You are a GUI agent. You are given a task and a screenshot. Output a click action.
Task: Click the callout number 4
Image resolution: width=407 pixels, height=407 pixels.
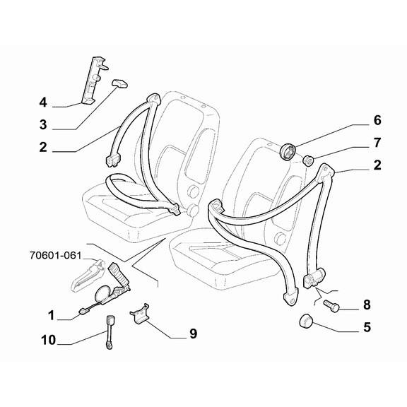point(43,102)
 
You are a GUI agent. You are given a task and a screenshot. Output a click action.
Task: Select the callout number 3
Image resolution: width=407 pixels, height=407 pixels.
point(43,124)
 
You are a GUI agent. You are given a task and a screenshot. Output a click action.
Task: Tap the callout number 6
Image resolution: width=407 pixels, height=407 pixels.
point(377,120)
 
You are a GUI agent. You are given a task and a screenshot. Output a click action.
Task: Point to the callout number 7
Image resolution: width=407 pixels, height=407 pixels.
point(377,143)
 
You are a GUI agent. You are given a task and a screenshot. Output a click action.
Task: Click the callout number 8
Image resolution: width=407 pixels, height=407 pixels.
point(367,305)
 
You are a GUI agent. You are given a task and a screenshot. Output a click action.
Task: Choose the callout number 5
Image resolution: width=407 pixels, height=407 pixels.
point(367,327)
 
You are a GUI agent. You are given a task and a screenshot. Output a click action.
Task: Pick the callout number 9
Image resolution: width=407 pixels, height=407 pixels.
point(193,334)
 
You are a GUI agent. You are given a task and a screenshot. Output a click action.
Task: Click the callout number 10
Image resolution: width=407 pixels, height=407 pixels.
point(49,340)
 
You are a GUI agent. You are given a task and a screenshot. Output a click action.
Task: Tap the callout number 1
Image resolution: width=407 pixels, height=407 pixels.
point(51,315)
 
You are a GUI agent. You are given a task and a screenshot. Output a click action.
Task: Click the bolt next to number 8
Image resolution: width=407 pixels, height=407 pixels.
point(331,306)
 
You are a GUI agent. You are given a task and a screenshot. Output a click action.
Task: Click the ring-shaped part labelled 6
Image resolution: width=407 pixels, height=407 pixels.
point(288,152)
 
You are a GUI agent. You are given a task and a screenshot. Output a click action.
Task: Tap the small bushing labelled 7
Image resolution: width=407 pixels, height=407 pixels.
point(309,160)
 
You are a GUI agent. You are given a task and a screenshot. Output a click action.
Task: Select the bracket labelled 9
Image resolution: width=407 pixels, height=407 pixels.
point(140,313)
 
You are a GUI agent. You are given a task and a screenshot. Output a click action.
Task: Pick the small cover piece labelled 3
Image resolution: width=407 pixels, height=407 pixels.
point(119,83)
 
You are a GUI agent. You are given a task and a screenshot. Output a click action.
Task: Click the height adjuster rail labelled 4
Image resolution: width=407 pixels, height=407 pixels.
point(94,80)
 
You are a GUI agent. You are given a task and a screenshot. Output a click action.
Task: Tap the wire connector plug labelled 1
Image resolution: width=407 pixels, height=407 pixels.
point(83,310)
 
